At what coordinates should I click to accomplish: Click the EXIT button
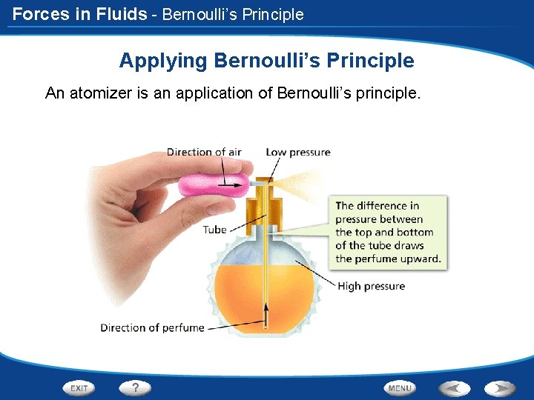coord(79,387)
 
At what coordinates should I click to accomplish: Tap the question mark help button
coord(136,387)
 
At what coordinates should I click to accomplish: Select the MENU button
coord(400,387)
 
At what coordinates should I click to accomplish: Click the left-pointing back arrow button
coord(455,387)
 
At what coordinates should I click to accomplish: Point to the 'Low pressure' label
coord(298,152)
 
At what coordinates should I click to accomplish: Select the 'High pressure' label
coord(372,286)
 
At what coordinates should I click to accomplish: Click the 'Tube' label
coord(214,230)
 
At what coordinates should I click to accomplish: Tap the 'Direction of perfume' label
coord(152,327)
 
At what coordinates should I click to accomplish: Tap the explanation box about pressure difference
coord(388,232)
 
